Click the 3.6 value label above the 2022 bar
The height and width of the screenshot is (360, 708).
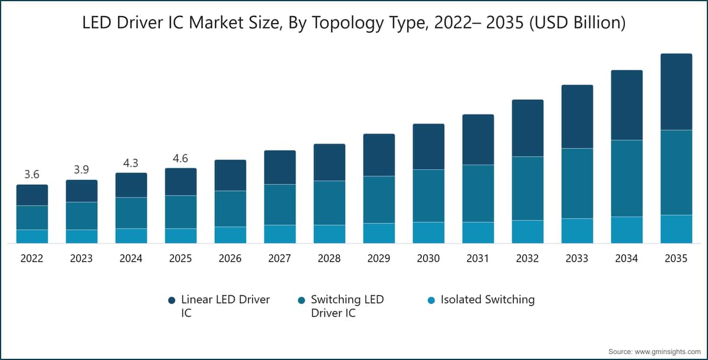(x=32, y=174)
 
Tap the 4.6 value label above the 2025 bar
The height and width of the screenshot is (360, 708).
(x=181, y=158)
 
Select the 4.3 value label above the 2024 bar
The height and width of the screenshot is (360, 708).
(x=131, y=163)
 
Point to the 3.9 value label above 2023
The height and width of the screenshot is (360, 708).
(x=81, y=170)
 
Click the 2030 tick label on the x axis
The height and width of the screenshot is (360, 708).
(x=428, y=258)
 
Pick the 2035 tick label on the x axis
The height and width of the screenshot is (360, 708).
(x=676, y=258)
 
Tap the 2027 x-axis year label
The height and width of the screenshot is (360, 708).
(x=280, y=258)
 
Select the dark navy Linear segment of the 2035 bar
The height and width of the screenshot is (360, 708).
(x=676, y=91)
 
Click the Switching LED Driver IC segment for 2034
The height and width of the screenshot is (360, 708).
(x=626, y=178)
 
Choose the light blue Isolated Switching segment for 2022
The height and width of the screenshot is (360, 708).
(x=32, y=236)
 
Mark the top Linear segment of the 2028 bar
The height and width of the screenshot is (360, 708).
(x=329, y=162)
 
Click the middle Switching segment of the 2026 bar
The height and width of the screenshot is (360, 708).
(x=230, y=208)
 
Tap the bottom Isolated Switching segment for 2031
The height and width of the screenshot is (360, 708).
(x=478, y=233)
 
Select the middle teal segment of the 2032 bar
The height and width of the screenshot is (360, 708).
(x=527, y=188)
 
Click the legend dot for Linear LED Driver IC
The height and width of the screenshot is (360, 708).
(x=172, y=300)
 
